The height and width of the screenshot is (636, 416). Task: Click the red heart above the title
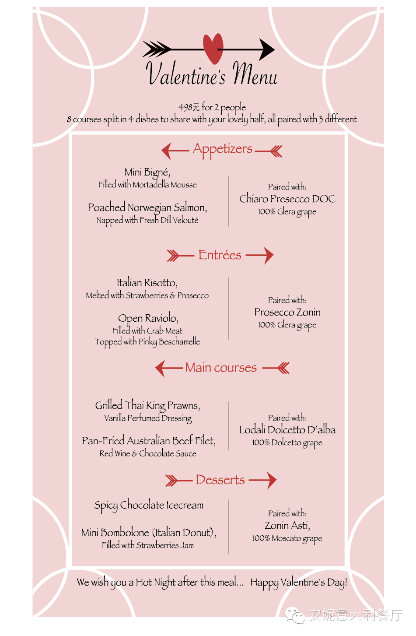click(213, 48)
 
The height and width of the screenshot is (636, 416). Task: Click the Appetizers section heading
click(223, 149)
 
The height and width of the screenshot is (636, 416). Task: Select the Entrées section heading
click(220, 255)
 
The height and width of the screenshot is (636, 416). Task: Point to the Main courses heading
click(221, 367)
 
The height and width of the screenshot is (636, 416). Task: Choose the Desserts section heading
click(220, 480)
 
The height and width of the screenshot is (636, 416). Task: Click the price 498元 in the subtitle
click(189, 107)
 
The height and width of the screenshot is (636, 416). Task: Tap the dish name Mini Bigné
click(147, 172)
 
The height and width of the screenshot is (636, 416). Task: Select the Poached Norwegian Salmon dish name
click(147, 207)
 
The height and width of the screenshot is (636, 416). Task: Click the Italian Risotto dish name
click(147, 283)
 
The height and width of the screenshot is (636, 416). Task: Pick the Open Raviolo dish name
click(148, 319)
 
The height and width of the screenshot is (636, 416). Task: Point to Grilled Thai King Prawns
click(147, 406)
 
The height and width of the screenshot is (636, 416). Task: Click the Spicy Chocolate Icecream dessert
click(149, 506)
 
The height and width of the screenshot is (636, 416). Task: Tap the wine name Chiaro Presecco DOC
click(287, 199)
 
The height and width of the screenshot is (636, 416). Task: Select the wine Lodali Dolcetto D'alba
click(287, 429)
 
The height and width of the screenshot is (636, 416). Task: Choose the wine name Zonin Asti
click(287, 526)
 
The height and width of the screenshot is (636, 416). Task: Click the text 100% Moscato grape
click(287, 539)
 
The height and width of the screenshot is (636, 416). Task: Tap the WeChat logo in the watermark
click(294, 615)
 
